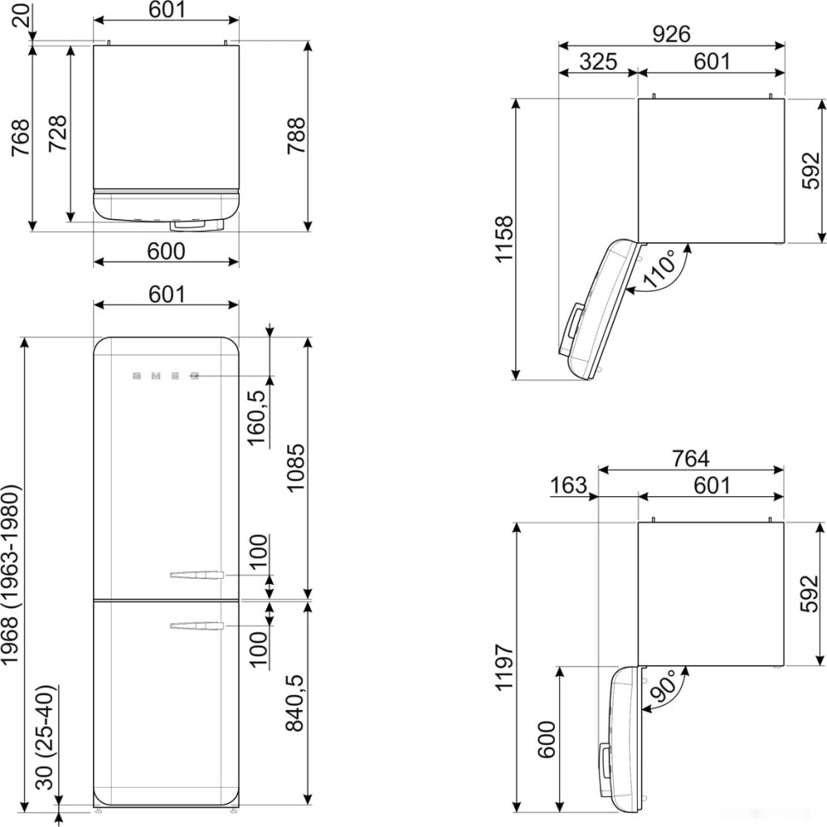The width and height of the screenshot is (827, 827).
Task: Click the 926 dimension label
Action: coord(671,33)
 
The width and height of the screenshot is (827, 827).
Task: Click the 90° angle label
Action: coord(663,685)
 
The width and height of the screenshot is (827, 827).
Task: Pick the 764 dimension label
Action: coord(691,458)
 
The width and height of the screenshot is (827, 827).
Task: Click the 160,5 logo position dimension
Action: coord(257,415)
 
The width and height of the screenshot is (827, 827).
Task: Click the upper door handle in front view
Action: coord(197,575)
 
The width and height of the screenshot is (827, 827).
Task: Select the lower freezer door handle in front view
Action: coord(197,627)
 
